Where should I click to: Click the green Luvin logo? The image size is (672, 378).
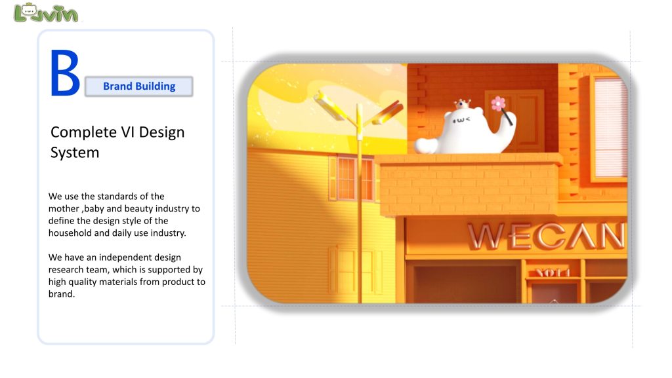click(x=46, y=13)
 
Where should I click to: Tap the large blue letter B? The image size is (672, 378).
click(x=65, y=73)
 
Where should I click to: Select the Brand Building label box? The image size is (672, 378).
click(x=139, y=86)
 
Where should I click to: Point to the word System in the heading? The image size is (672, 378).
click(x=75, y=153)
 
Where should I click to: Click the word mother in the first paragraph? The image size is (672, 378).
click(x=64, y=209)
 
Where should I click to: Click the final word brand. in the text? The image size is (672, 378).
click(x=62, y=294)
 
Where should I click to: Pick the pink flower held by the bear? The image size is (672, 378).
click(x=498, y=104)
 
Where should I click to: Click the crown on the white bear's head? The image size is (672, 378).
click(x=462, y=104)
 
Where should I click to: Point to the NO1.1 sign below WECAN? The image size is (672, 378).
click(x=553, y=273)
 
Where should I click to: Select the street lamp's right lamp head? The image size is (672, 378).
click(x=387, y=113)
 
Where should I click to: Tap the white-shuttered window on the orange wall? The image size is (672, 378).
click(x=610, y=128)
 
